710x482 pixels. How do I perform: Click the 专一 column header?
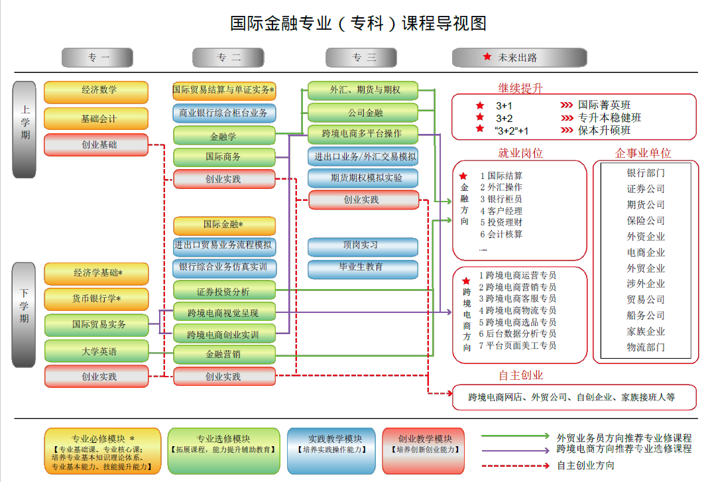97,58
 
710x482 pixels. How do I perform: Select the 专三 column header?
363,58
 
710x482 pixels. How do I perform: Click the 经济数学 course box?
96,91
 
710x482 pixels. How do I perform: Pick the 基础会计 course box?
96,119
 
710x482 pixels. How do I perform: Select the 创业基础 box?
96,145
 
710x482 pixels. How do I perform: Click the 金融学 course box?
224,135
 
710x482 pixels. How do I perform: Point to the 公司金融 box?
363,113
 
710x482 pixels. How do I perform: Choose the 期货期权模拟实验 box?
363,178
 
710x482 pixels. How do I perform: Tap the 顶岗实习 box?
363,246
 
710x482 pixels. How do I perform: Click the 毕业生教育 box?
363,268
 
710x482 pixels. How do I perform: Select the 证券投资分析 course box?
224,290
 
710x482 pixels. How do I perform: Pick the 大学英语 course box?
96,351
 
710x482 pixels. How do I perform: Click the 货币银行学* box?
96,299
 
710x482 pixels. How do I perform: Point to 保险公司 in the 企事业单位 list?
645,221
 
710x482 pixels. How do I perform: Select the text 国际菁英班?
604,105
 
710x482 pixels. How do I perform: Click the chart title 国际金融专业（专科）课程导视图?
358,23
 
